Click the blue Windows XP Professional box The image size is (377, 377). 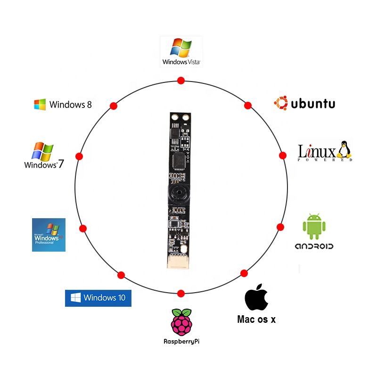point(49,235)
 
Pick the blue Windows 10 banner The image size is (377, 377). point(98,298)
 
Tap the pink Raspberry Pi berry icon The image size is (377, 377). point(181,322)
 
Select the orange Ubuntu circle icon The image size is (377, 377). point(281,103)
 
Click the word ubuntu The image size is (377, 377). point(313,104)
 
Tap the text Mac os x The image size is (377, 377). point(256,319)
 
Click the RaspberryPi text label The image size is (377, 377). point(181,341)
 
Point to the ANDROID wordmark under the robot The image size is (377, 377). point(314,246)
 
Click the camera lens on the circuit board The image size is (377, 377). point(178,193)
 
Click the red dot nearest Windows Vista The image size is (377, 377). point(180,81)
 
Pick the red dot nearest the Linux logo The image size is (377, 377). point(283,155)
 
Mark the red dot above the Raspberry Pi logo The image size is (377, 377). point(180,293)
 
